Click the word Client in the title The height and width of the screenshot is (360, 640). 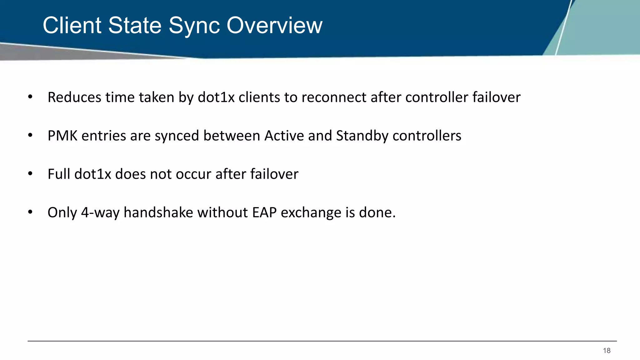72,25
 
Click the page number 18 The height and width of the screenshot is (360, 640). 607,351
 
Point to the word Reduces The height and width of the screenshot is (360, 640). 74,97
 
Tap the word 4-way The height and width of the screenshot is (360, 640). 100,212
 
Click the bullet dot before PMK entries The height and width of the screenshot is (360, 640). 30,136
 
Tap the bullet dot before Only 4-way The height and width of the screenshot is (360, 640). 30,212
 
